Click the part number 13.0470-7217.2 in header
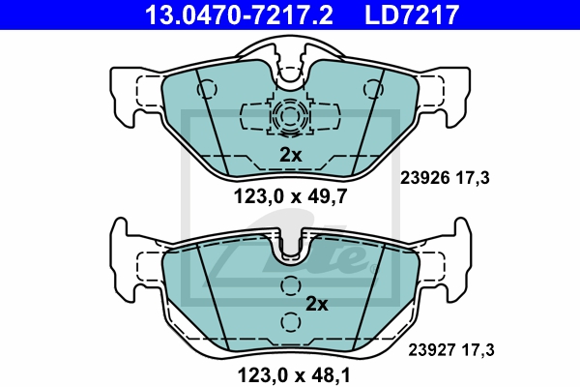point(240,15)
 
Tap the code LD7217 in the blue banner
point(412,15)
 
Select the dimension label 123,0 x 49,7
point(290,196)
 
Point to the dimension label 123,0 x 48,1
point(294,375)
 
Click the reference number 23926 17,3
point(445,178)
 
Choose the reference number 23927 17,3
point(450,350)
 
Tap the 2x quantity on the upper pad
point(291,155)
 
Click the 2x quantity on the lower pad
point(317,304)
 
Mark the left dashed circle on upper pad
point(207,89)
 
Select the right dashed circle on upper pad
point(373,89)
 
